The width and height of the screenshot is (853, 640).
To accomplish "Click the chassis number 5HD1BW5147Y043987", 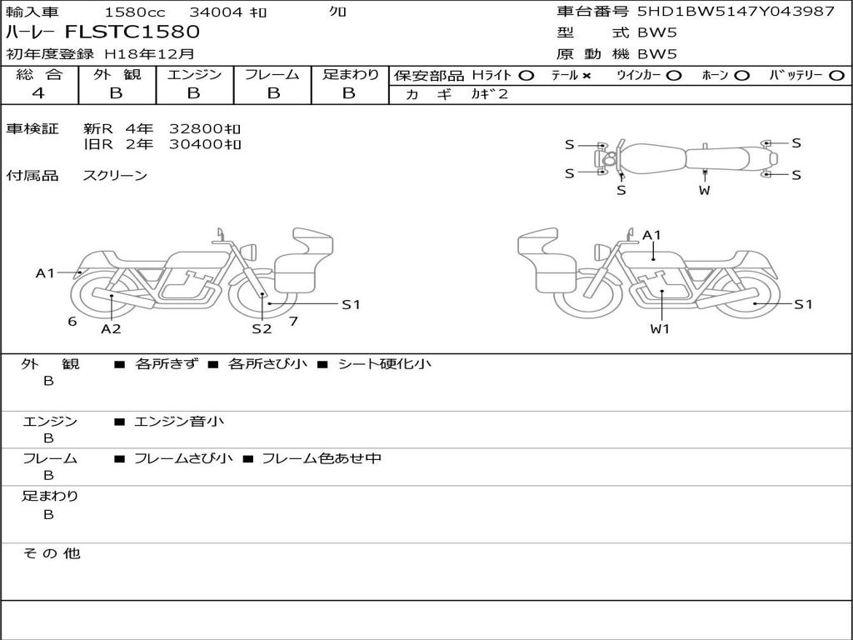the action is [x=736, y=12].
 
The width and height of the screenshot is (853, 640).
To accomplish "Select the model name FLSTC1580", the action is [x=132, y=32].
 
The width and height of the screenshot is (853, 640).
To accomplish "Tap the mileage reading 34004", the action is [x=216, y=12].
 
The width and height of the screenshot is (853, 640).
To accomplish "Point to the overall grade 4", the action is [x=38, y=93].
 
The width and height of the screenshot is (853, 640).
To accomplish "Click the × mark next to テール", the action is [x=586, y=76].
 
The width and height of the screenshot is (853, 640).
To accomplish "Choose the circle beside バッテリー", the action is [x=836, y=76].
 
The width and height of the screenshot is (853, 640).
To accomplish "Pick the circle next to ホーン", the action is [x=741, y=76].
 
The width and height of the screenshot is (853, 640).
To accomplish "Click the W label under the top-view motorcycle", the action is [x=705, y=191].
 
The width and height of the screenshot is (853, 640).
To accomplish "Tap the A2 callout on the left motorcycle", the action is [x=111, y=328].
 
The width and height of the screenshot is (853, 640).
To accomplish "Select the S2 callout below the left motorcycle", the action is [x=262, y=328].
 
